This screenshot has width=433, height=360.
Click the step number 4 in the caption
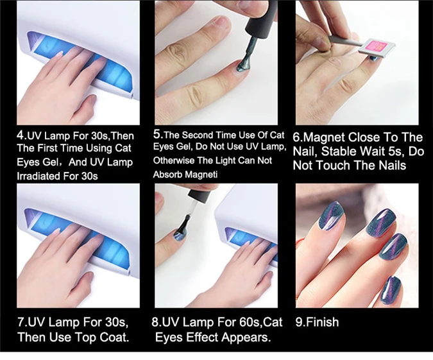click(21, 135)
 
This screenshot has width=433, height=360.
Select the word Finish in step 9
click(322, 322)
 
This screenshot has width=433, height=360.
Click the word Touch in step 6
click(334, 165)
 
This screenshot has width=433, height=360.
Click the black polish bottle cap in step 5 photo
click(257, 20)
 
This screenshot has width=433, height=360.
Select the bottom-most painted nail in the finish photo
click(394, 290)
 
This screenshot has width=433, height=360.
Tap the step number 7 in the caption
click(21, 322)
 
